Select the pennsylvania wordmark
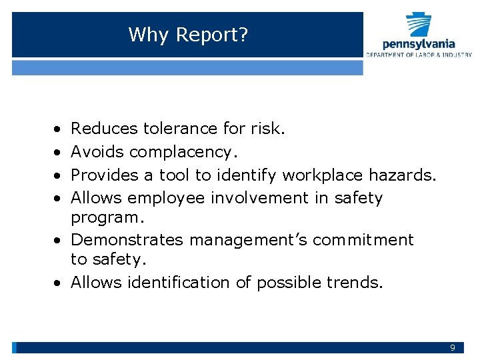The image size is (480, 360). click(x=419, y=44)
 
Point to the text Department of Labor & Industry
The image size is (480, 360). click(x=419, y=55)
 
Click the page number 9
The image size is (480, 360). click(x=453, y=348)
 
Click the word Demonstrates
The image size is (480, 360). click(x=127, y=239)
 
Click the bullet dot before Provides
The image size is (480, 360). click(x=58, y=175)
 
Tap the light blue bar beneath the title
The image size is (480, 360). click(x=187, y=67)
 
